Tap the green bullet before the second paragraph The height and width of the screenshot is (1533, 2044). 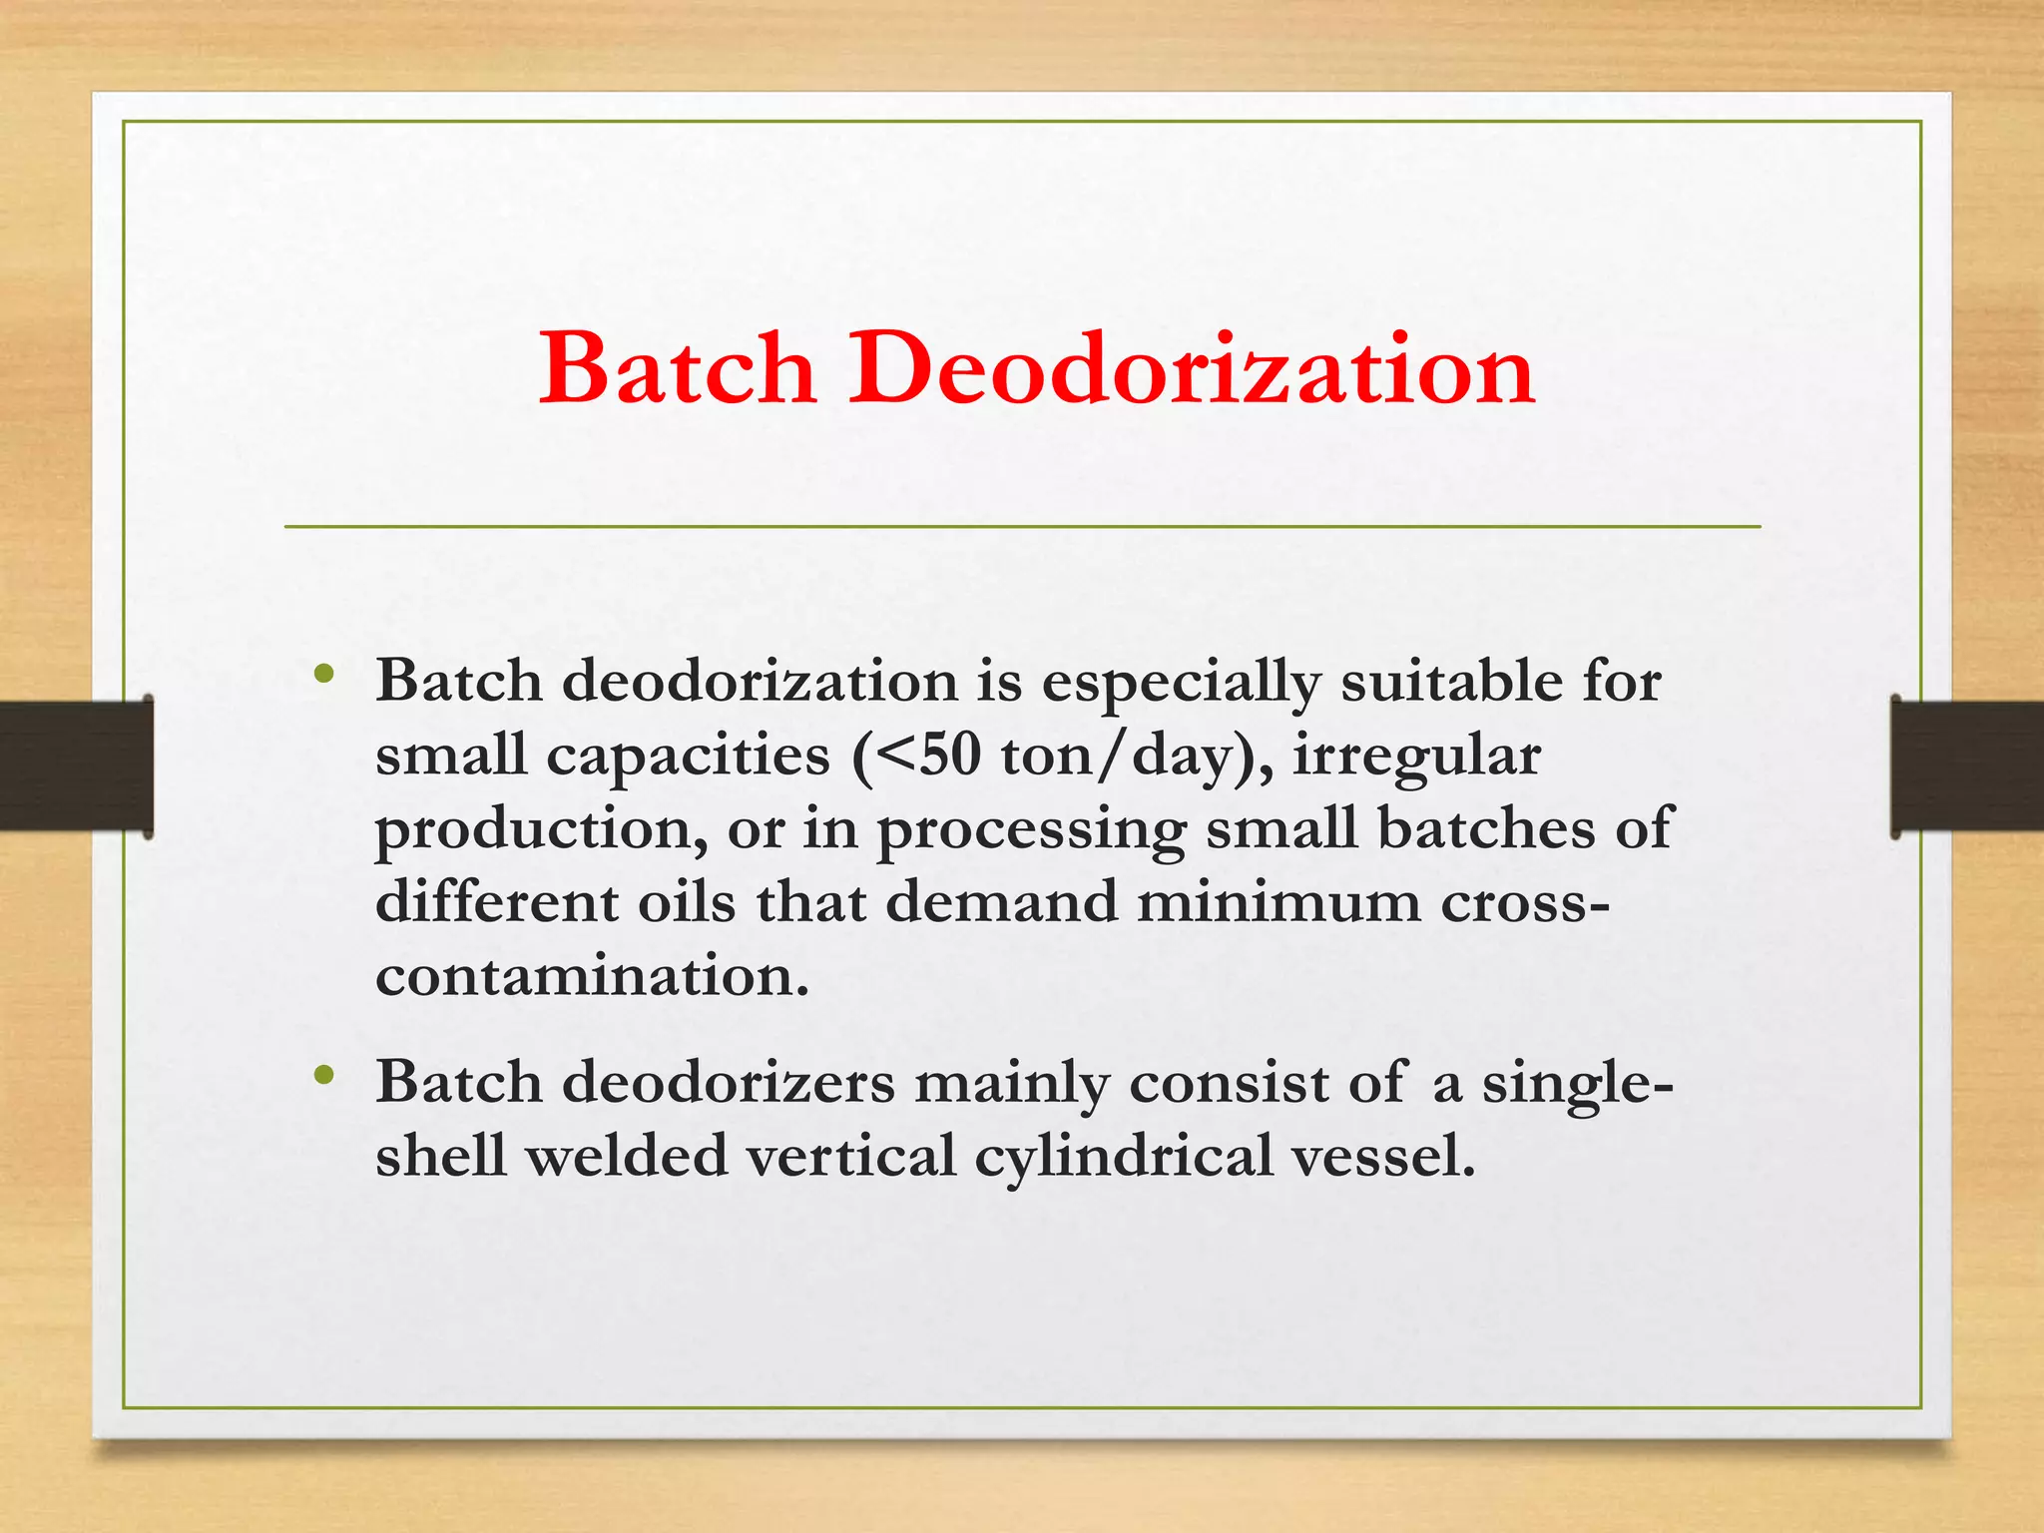click(x=321, y=1075)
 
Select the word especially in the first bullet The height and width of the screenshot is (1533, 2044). click(x=1182, y=683)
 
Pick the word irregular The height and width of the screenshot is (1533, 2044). click(x=1417, y=756)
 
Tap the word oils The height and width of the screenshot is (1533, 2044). click(x=687, y=902)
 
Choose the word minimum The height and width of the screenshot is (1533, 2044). click(x=1278, y=902)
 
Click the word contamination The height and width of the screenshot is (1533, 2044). click(x=592, y=975)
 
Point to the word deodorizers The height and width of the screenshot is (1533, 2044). click(x=729, y=1083)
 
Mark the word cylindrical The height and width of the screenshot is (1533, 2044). click(x=1124, y=1157)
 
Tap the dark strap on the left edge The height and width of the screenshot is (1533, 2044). click(x=76, y=766)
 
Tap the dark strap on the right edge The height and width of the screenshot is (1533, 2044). click(x=1967, y=766)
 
